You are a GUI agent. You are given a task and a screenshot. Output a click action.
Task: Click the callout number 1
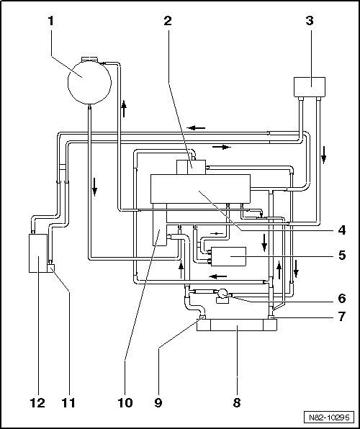(x=50, y=21)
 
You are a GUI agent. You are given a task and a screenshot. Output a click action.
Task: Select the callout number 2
(x=168, y=21)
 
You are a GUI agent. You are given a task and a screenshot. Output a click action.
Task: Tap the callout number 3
(x=310, y=21)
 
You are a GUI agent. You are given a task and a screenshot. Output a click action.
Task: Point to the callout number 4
(x=341, y=230)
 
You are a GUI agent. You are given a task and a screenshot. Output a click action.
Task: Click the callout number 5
(x=342, y=256)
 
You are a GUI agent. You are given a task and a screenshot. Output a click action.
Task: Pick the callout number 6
(x=342, y=299)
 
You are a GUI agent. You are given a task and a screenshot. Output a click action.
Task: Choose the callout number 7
(x=342, y=317)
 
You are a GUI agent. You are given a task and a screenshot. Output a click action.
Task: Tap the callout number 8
(x=237, y=402)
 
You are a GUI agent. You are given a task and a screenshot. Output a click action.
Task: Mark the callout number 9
(x=158, y=402)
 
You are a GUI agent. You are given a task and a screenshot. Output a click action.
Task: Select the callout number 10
(x=125, y=402)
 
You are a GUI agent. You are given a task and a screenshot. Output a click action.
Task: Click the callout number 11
(x=68, y=402)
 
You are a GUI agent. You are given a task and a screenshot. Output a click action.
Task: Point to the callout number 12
(x=37, y=402)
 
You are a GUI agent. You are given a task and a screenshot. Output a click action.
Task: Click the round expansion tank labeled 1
(x=89, y=81)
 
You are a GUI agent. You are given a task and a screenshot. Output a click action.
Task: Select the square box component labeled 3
(x=310, y=86)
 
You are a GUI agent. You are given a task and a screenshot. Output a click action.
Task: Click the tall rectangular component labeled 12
(x=38, y=253)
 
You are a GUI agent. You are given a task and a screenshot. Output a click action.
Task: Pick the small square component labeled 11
(x=51, y=268)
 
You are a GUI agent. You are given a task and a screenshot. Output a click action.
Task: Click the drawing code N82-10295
(x=329, y=417)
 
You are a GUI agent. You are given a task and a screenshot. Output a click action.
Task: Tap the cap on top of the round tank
(x=89, y=59)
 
